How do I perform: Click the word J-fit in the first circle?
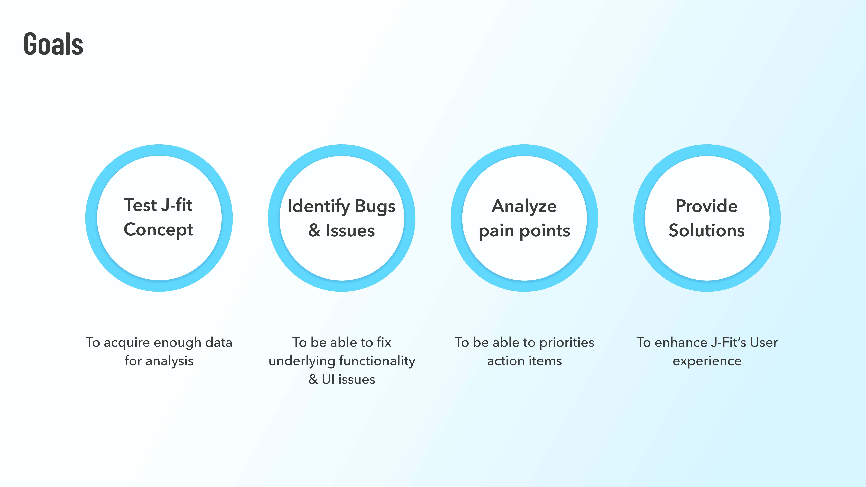tap(176, 205)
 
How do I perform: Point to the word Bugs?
tap(375, 206)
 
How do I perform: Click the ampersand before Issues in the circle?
tap(314, 231)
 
